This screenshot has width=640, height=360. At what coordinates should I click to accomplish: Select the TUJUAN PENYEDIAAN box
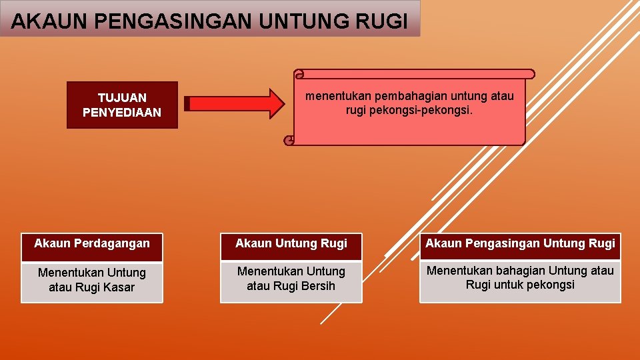[x=122, y=105]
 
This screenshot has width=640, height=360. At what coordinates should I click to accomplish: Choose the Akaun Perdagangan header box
[x=92, y=244]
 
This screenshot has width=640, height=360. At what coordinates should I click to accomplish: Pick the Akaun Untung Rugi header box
[x=291, y=244]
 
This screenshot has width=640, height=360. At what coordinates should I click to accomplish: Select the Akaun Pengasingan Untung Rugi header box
[x=520, y=244]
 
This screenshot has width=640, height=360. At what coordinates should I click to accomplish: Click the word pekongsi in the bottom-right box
[x=552, y=285]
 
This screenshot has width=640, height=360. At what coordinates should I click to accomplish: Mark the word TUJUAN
[x=122, y=98]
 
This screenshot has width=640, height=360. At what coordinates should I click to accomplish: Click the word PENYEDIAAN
[x=122, y=113]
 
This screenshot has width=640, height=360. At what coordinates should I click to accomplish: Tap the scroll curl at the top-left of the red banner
[x=299, y=74]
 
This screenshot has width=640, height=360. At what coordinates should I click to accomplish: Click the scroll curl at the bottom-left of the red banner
[x=289, y=141]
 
